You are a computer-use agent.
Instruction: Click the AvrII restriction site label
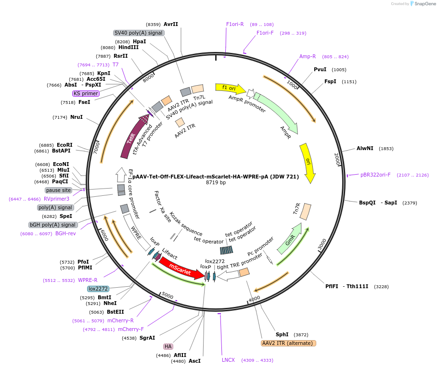click(171, 24)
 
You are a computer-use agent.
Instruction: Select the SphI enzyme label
click(282, 334)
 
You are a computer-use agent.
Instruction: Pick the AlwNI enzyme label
click(365, 148)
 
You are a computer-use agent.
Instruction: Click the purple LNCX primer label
click(228, 360)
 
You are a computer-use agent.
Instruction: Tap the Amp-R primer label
click(308, 56)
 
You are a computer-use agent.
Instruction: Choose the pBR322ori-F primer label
click(375, 175)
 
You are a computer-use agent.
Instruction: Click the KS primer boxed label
click(86, 93)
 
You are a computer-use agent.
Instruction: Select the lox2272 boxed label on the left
click(98, 289)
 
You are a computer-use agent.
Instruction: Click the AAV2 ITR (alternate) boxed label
click(288, 343)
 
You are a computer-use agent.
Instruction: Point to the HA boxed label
click(168, 346)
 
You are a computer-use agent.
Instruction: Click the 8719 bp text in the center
click(216, 183)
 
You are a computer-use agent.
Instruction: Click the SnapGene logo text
click(424, 3)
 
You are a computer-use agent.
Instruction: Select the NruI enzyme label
click(77, 117)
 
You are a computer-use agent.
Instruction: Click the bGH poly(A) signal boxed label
click(53, 225)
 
